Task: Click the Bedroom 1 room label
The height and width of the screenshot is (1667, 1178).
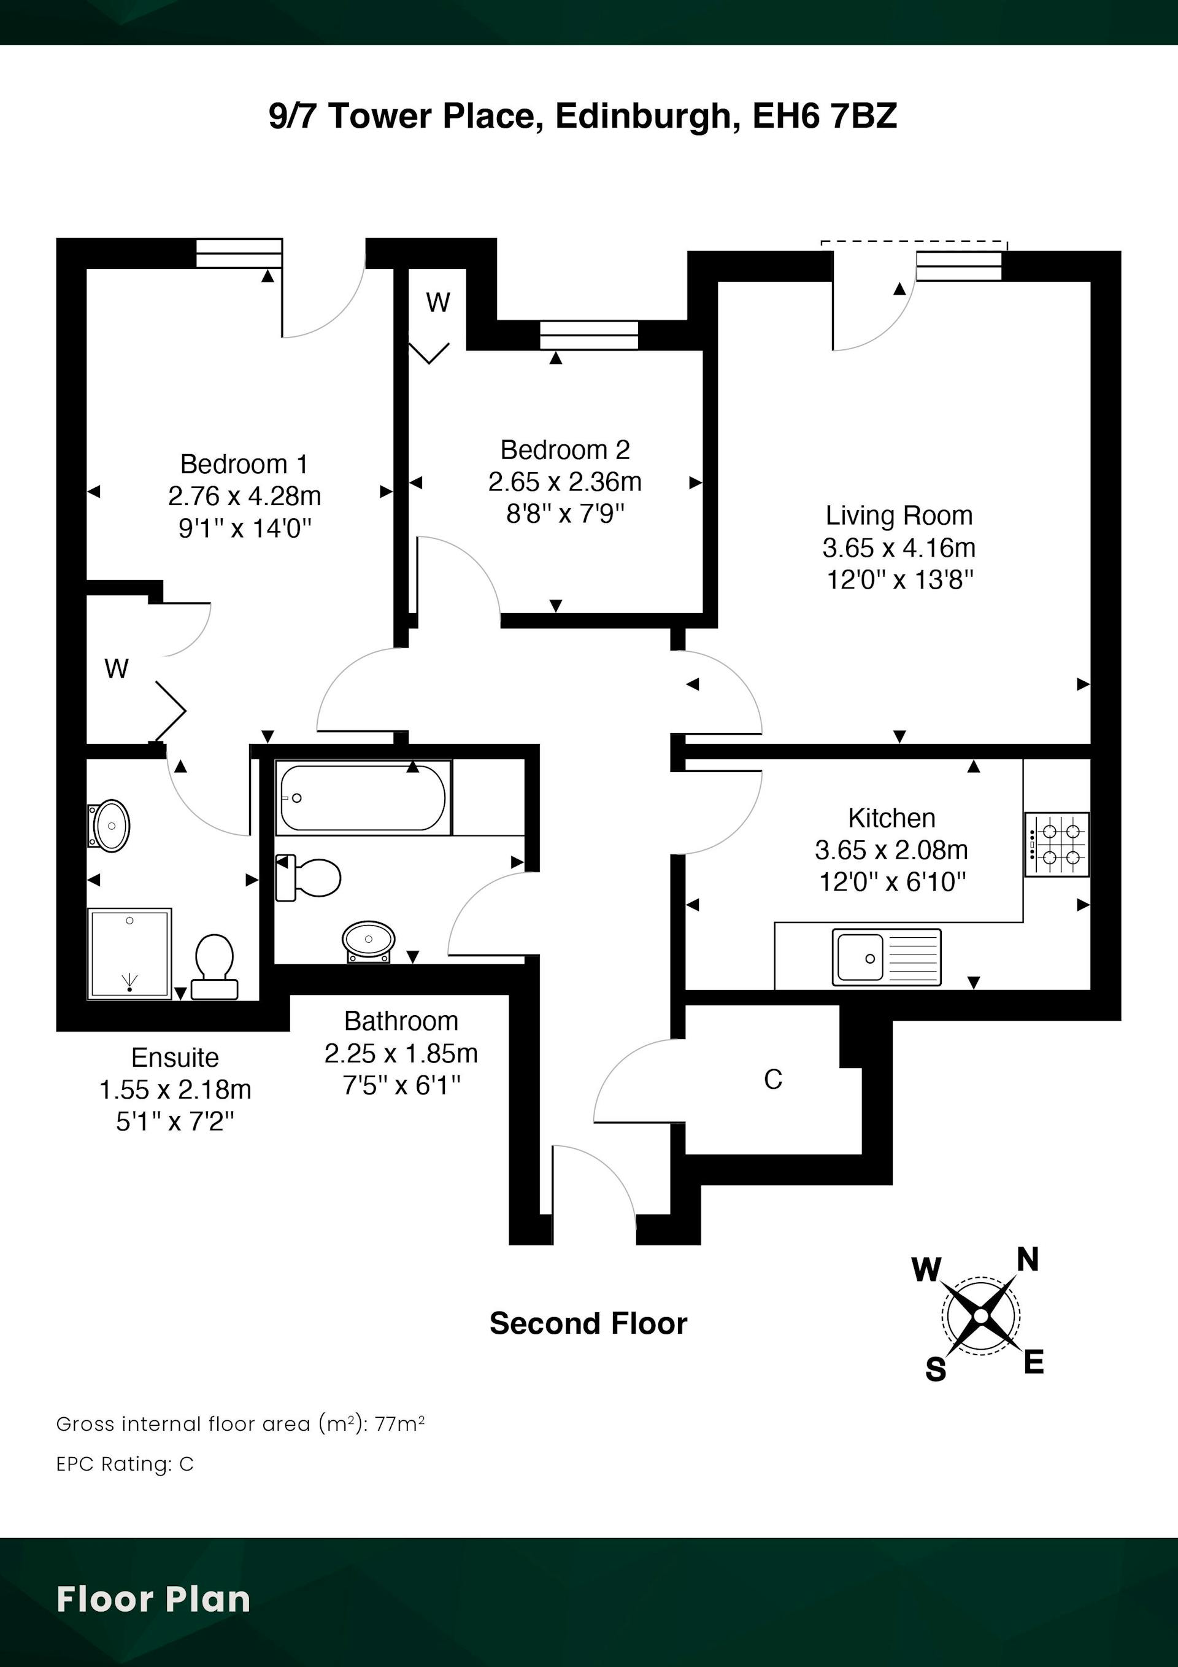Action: point(244,464)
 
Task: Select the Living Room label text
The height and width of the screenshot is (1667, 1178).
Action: point(899,516)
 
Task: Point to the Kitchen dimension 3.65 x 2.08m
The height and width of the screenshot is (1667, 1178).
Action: point(891,849)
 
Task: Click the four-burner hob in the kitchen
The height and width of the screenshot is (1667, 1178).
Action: point(1057,845)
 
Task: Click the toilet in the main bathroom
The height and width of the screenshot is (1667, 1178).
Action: point(308,878)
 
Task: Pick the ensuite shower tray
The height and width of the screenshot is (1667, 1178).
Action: point(129,954)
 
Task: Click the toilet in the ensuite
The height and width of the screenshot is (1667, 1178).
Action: point(215,966)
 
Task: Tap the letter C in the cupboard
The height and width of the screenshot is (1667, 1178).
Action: point(773,1080)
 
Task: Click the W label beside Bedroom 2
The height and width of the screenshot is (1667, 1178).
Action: point(437,302)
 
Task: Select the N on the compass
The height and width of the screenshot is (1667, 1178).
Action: point(1028,1259)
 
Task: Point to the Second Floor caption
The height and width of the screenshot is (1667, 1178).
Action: point(588,1323)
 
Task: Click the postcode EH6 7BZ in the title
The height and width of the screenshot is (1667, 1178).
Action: point(825,115)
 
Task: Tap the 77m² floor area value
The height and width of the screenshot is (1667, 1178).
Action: point(399,1424)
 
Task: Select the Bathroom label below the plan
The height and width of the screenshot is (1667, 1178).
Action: point(401,1021)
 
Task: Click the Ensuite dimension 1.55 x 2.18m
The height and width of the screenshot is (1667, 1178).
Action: point(175,1089)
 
